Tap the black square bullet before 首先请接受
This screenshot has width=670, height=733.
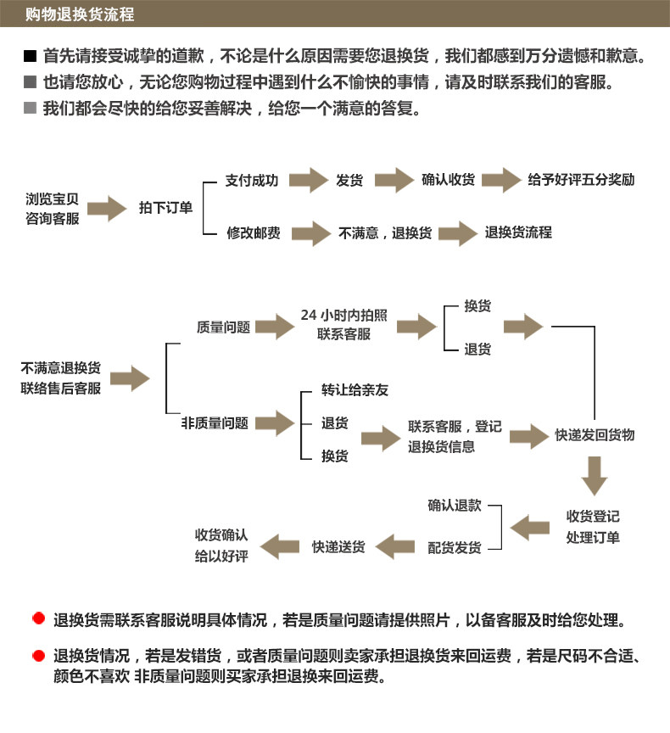click(31, 58)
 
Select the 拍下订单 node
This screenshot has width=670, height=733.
click(165, 208)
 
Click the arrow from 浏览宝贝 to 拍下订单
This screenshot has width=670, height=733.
click(107, 208)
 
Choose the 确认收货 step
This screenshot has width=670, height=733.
click(449, 181)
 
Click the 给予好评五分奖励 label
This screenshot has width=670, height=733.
click(581, 181)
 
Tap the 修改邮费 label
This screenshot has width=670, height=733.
click(253, 232)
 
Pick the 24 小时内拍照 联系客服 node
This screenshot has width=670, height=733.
click(344, 325)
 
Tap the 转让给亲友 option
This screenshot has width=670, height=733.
click(355, 390)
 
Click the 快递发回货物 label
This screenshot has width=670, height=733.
click(595, 435)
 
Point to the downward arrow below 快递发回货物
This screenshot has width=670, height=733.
click(595, 475)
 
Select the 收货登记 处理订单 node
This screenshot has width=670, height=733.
click(593, 527)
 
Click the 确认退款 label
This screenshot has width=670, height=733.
click(455, 506)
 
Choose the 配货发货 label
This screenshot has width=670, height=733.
click(455, 548)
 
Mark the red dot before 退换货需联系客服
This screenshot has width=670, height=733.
click(37, 618)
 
